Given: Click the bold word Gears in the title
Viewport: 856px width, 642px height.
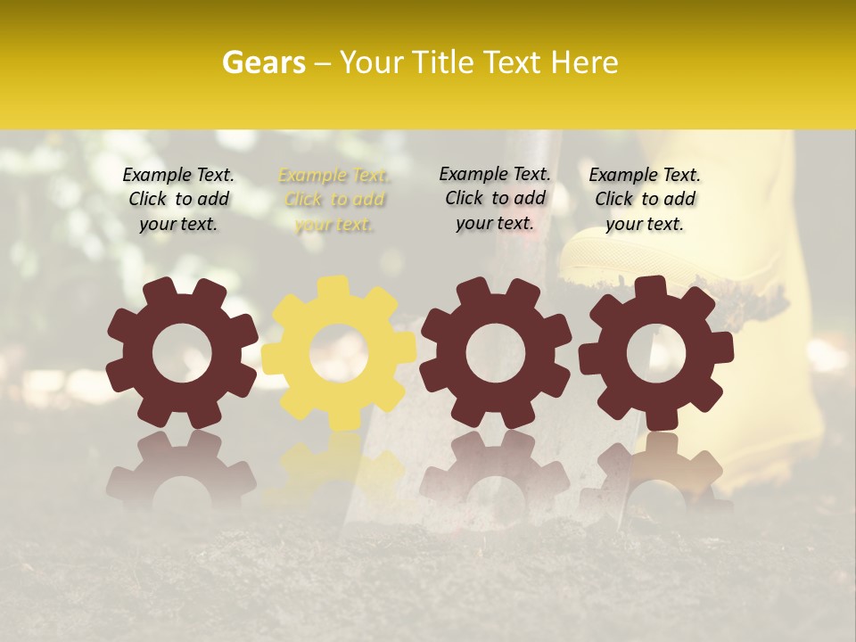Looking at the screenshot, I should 263,62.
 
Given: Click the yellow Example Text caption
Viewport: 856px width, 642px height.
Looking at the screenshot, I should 334,200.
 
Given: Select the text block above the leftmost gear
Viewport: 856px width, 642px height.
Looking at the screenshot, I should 178,200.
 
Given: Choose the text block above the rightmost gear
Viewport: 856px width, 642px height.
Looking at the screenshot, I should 645,200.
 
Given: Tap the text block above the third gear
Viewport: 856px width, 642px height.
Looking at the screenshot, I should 495,198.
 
